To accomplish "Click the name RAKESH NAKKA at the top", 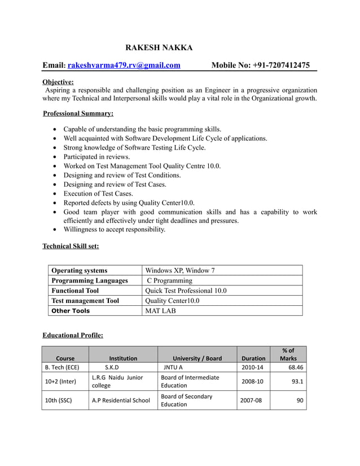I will [x=159, y=47].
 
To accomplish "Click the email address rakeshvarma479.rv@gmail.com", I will [x=124, y=65].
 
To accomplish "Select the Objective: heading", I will [x=58, y=81].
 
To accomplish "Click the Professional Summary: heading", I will [x=78, y=113].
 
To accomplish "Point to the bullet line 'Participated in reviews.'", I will [x=96, y=157].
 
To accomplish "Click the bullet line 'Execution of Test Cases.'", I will [x=98, y=194].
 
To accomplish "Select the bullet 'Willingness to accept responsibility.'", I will [x=115, y=230].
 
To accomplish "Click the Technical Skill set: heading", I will [x=71, y=246].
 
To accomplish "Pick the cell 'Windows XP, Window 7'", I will [x=180, y=270].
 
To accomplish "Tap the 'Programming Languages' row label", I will [x=90, y=280].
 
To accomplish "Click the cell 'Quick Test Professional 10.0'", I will [x=186, y=291].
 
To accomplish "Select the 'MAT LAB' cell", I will [x=162, y=311].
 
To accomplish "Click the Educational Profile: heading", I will [x=73, y=335].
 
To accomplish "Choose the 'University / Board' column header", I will [x=197, y=358].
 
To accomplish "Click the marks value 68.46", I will [x=296, y=368].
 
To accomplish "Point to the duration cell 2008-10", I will [x=252, y=381].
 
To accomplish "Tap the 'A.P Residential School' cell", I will [x=121, y=401].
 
